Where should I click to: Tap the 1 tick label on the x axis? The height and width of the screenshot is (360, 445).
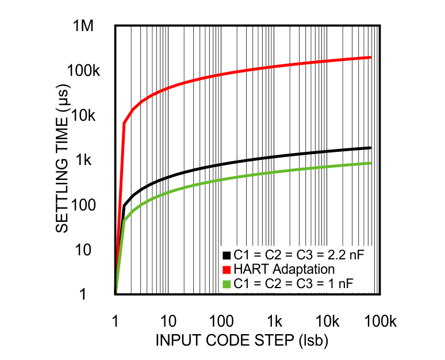pos(116,320)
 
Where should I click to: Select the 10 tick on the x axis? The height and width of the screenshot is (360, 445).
pos(168,320)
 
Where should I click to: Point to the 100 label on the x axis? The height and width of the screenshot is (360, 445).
pos(220,320)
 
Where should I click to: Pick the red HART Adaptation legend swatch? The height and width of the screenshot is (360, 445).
pos(225,269)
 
